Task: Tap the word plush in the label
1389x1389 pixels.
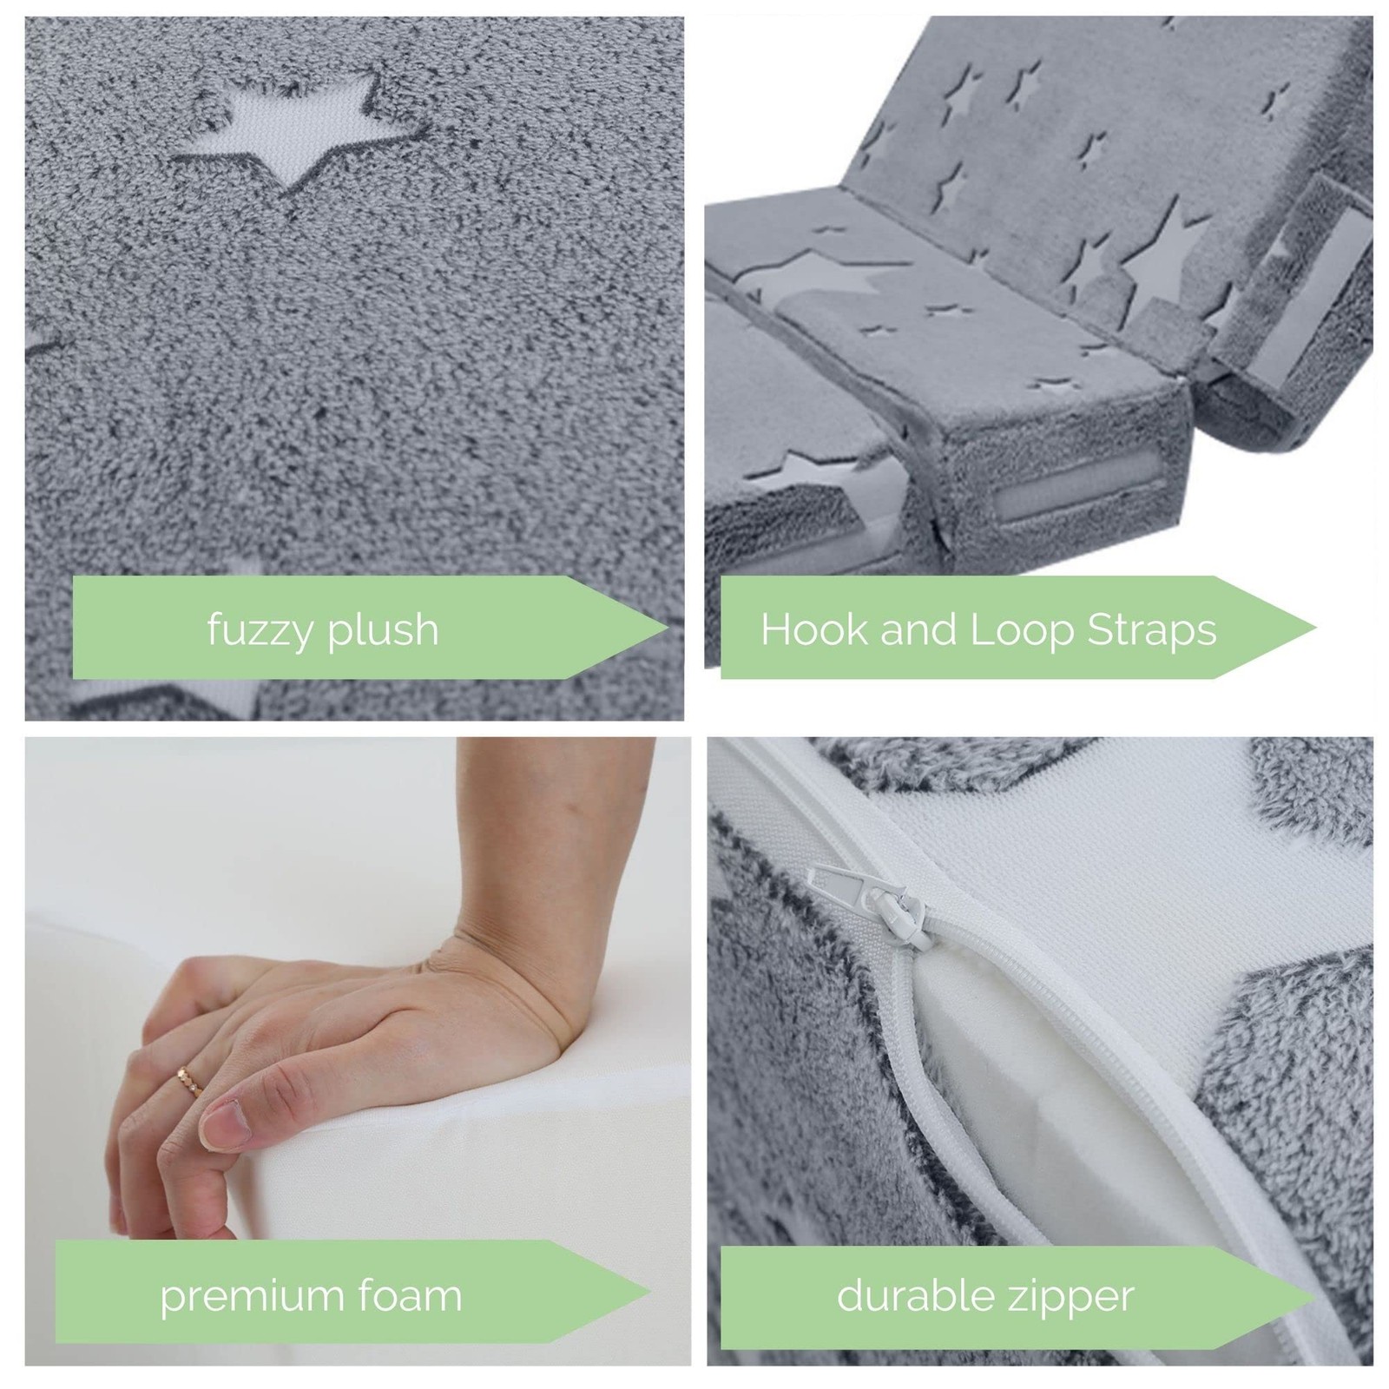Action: coord(384,630)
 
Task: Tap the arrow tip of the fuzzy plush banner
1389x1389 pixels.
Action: coord(668,628)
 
